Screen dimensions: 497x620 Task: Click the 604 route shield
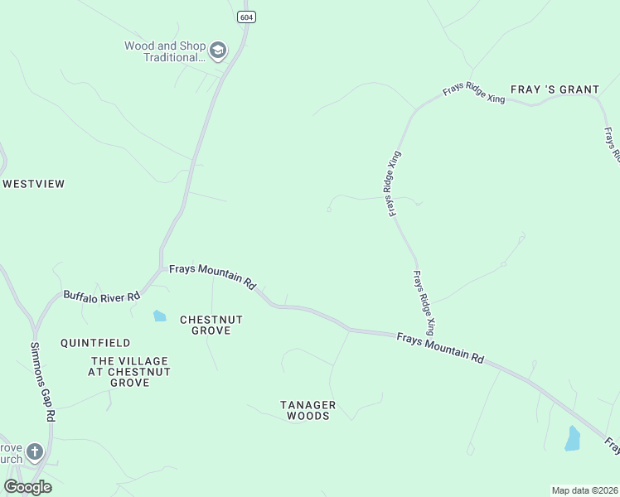coord(245,17)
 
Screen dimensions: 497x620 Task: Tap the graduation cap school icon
coord(218,51)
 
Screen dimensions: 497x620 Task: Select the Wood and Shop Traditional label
coord(163,51)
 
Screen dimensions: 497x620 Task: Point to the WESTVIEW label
coord(33,183)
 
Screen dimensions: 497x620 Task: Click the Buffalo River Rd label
coord(96,294)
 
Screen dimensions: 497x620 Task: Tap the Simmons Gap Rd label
coord(42,383)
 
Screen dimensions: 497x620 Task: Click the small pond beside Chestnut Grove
coord(159,316)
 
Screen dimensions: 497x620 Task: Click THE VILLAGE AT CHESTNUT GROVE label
coord(129,372)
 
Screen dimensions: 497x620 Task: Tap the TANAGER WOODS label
coord(308,410)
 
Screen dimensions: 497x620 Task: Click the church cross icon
coord(34,451)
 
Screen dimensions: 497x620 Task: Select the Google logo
coord(27,486)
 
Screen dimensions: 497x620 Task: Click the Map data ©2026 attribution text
coord(584,490)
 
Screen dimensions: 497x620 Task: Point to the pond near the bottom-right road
coord(573,438)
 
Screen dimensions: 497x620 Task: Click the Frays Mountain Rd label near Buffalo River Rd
coord(212,277)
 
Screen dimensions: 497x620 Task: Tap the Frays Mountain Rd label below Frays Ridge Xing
coord(439,347)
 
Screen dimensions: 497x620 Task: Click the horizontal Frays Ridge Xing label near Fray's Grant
coord(474,93)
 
